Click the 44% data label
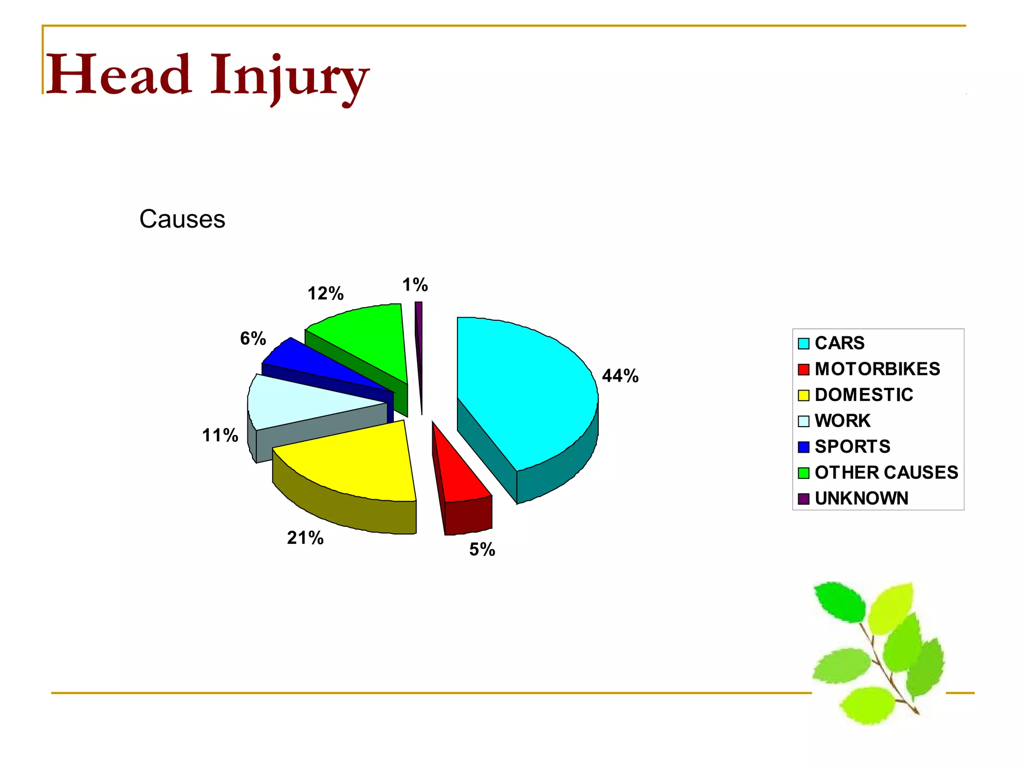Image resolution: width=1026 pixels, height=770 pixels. point(620,376)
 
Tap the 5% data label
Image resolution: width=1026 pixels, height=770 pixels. point(482,550)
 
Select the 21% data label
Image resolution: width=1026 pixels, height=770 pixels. point(305,538)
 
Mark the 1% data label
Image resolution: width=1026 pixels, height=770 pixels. point(415,285)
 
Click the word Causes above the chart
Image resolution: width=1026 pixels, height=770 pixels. point(182,219)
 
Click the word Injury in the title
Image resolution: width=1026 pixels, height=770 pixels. point(289,77)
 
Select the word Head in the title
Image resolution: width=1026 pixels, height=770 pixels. point(119,75)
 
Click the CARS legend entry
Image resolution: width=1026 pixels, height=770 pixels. point(839,343)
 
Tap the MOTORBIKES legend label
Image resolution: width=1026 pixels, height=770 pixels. point(877,369)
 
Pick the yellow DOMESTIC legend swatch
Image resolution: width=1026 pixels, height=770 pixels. point(804,396)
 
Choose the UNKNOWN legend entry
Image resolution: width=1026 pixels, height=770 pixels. point(861,498)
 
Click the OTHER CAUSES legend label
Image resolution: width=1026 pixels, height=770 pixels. point(886,472)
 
